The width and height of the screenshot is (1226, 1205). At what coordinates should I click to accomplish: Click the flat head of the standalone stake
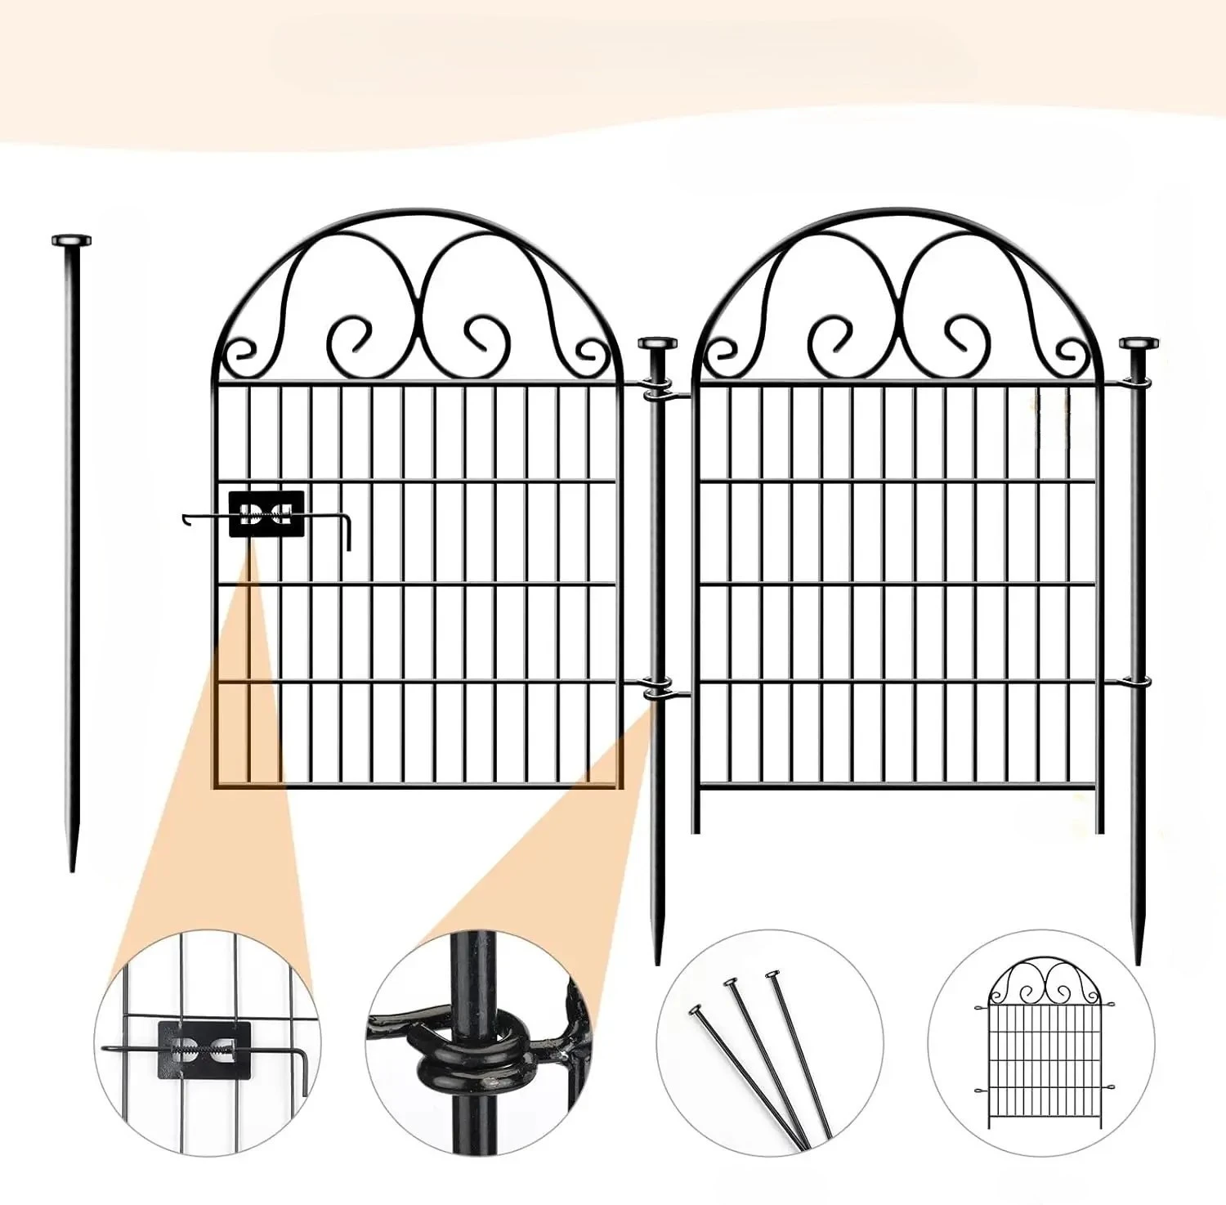71,240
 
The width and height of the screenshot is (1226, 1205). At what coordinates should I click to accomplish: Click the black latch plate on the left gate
266,514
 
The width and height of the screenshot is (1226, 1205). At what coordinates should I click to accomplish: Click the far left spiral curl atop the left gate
242,352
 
